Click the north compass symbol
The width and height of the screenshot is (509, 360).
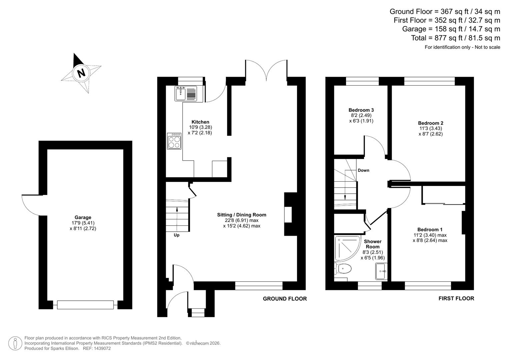click(x=81, y=73)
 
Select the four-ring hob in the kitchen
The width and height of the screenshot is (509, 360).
click(x=174, y=141)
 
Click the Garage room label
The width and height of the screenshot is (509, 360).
click(x=83, y=217)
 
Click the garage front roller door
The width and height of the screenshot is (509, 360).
click(x=85, y=305)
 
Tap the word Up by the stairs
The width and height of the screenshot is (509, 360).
click(x=176, y=235)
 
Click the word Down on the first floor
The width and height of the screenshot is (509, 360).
click(x=363, y=170)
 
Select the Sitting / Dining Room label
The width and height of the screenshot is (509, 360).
click(x=242, y=215)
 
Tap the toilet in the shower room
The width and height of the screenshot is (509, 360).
click(x=343, y=268)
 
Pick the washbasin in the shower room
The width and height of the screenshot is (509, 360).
click(x=381, y=271)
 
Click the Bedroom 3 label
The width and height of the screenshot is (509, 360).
click(x=361, y=110)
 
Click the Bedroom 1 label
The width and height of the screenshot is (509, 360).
click(x=430, y=229)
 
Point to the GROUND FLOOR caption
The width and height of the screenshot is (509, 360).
click(x=285, y=299)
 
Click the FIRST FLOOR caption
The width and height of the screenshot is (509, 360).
click(x=456, y=298)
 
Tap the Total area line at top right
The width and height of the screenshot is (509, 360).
click(x=455, y=38)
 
